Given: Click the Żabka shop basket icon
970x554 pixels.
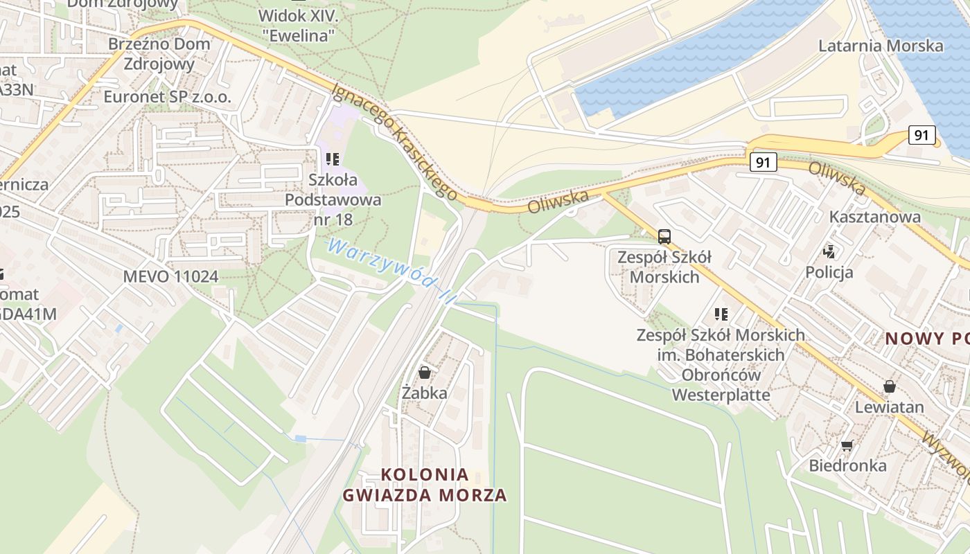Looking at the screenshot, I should coord(425,373).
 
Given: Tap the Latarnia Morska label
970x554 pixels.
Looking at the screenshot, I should coord(881,46).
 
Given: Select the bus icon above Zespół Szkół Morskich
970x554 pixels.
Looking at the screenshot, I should coord(664,237).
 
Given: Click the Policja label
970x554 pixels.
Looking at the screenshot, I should coord(829,272).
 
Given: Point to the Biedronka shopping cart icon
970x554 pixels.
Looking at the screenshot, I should coord(847,445).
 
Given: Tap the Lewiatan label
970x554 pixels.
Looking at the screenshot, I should coord(889,406).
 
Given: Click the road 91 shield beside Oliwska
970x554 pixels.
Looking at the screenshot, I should coord(762,163).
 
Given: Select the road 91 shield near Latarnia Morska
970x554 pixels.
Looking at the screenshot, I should coord(921,134).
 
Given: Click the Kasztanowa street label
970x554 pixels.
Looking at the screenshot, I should coord(875,217).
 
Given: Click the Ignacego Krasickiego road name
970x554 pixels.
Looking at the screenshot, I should coord(395,142).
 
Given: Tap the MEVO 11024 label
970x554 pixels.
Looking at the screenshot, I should coord(170,276).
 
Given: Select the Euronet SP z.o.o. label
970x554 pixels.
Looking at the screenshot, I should coord(167,96).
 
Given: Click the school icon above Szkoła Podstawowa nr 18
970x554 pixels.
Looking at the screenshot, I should coord(333,159).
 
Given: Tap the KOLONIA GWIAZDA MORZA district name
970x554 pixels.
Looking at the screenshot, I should coord(425,485).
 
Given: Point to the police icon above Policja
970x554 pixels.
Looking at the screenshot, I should coord(829,251).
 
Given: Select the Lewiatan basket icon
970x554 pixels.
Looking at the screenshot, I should coord(889,386).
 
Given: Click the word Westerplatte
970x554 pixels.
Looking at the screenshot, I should coord(721,395).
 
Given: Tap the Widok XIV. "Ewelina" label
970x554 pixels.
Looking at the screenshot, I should coord(297,25).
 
